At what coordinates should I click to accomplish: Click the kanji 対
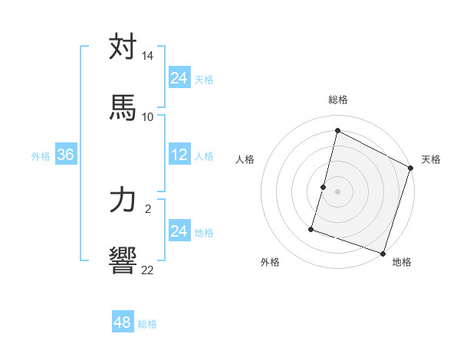123,47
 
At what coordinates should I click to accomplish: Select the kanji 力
123,200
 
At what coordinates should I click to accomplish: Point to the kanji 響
123,260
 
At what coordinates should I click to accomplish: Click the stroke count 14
148,56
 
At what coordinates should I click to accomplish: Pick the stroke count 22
148,269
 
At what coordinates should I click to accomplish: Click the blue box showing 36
66,155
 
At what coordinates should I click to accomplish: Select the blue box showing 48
123,322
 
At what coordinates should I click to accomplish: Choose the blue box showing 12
179,155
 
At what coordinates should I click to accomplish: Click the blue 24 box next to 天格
179,78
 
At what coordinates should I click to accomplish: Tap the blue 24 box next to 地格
179,231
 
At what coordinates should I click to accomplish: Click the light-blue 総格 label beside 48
147,324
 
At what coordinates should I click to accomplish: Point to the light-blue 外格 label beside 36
41,156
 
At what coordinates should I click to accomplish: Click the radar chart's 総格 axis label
338,100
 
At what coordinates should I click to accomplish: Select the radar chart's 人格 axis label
245,159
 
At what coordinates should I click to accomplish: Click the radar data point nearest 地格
383,254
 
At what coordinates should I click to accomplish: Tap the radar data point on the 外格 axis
311,229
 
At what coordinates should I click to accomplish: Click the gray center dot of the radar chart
338,191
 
